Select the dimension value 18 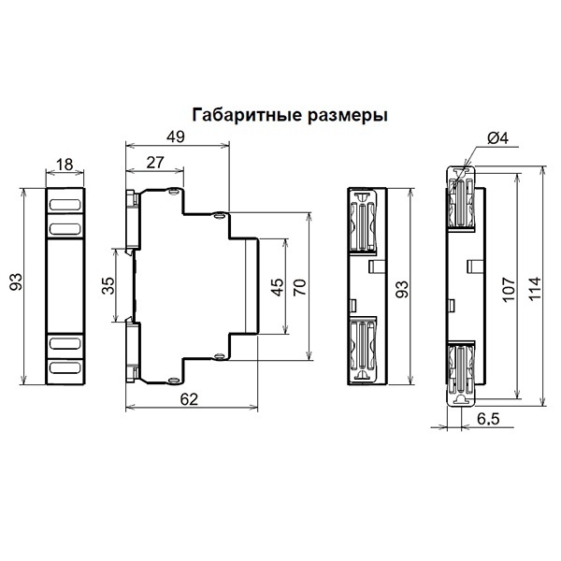65,165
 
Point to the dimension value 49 176,137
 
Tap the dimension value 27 155,163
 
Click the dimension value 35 108,285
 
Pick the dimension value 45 278,287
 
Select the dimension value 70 300,287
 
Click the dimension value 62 189,399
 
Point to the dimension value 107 509,289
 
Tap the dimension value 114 535,289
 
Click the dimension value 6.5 488,419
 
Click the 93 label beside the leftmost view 16,281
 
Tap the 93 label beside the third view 401,289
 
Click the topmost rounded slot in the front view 65,205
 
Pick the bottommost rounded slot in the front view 65,367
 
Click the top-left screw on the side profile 174,192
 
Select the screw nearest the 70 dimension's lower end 219,356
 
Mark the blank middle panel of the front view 65,286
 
